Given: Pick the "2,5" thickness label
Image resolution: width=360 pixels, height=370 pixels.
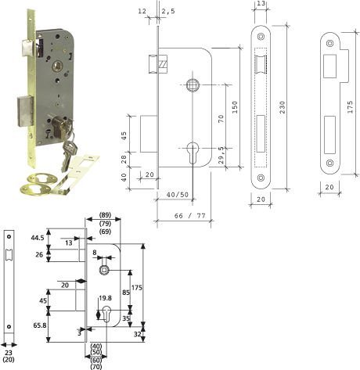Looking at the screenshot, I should point(168,12).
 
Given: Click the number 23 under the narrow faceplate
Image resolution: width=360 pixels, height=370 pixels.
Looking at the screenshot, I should point(9,354).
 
